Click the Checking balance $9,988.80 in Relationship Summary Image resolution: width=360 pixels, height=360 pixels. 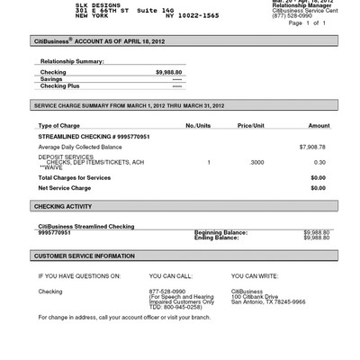(168, 71)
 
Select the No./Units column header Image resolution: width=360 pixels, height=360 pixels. (197, 125)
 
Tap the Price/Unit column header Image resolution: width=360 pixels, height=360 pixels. (251, 125)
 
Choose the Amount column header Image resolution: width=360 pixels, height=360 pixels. (319, 125)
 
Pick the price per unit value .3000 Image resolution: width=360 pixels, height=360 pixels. (256, 162)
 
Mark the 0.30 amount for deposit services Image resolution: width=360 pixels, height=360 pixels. (319, 162)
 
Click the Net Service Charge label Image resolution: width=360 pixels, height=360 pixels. (66, 188)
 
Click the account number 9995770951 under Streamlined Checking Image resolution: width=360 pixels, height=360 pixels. (56, 232)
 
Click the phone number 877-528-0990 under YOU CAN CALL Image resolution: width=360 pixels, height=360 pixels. (167, 292)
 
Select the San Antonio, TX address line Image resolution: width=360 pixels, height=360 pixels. (268, 301)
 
